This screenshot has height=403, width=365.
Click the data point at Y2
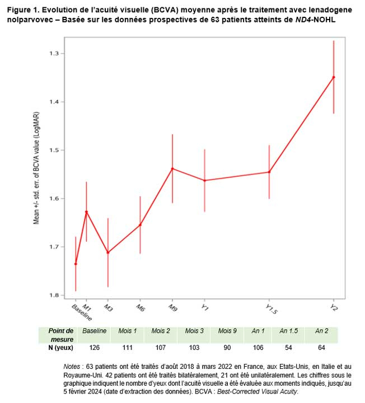pyautogui.click(x=334, y=77)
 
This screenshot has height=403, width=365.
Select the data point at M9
pyautogui.click(x=172, y=168)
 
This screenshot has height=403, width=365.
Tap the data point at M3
pyautogui.click(x=108, y=252)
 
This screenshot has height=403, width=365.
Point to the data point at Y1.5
pyautogui.click(x=269, y=172)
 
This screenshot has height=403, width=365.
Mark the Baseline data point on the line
pyautogui.click(x=76, y=264)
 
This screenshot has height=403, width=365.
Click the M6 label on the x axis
pyautogui.click(x=140, y=307)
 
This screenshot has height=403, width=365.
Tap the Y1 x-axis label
pyautogui.click(x=205, y=307)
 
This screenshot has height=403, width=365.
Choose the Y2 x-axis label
pyautogui.click(x=334, y=307)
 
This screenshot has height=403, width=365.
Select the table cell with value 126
pyautogui.click(x=94, y=348)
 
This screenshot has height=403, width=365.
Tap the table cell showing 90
pyautogui.click(x=227, y=348)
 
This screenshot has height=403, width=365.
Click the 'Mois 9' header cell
pyautogui.click(x=227, y=331)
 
